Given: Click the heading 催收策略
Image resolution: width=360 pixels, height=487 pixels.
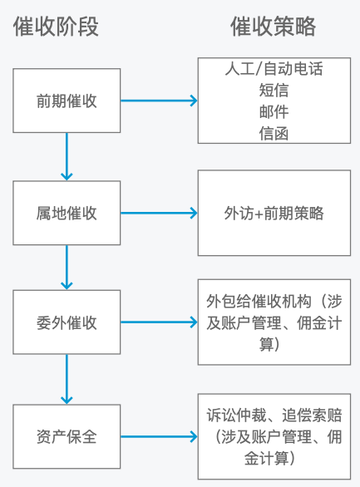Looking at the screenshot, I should click(274, 27).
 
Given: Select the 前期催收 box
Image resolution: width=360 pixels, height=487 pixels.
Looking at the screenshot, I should click(67, 101).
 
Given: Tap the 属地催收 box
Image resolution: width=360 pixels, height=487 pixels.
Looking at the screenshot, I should click(67, 213).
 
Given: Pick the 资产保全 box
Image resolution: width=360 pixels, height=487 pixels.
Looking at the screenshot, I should click(67, 435).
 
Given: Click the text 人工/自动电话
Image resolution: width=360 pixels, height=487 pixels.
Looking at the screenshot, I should click(274, 70).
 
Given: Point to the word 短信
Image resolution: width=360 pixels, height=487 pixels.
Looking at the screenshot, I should click(274, 91).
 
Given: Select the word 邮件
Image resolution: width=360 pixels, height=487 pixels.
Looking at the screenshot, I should click(274, 111).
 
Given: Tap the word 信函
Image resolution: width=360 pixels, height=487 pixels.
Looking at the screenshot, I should click(274, 133).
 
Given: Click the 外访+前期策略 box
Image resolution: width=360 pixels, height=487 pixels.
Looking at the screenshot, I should click(274, 213).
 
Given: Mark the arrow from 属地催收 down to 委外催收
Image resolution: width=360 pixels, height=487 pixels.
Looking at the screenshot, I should click(67, 268).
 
